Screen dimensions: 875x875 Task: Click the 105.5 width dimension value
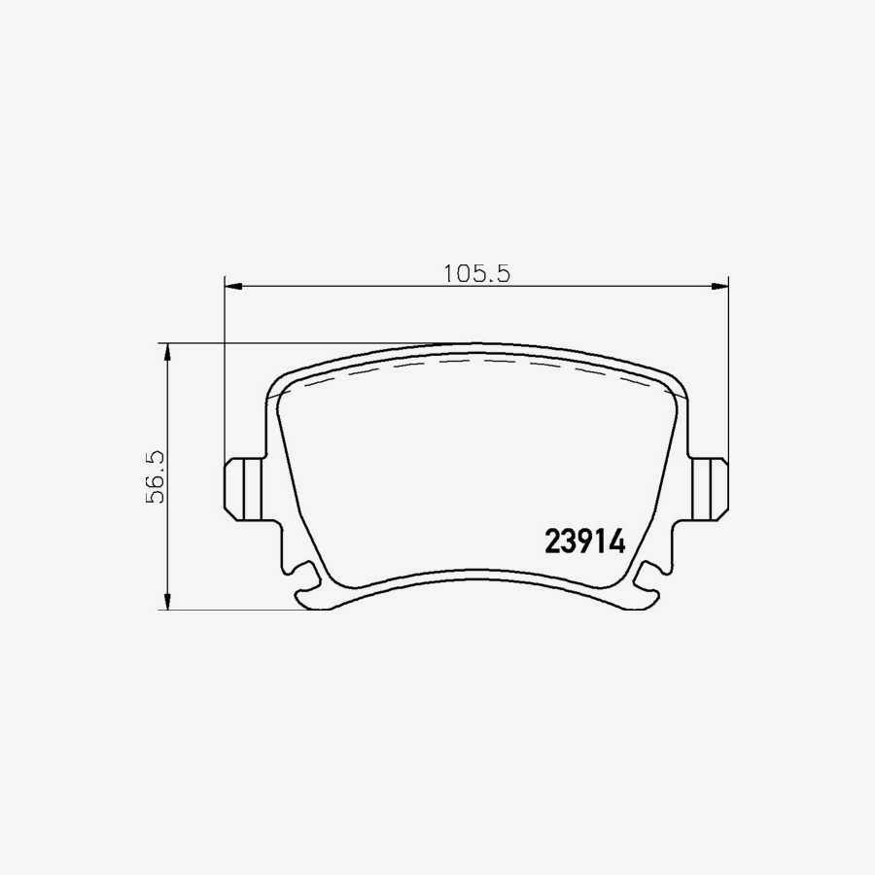[x=476, y=273]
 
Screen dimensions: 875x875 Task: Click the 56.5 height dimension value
[x=155, y=476]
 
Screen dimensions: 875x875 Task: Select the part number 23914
[x=583, y=542]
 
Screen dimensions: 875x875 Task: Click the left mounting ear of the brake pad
[x=241, y=486]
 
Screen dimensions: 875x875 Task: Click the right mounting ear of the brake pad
[x=711, y=486]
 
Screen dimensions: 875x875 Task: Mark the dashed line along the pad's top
[x=476, y=361]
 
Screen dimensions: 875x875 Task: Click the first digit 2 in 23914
[x=552, y=542]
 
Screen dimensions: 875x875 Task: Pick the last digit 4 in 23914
[x=614, y=542]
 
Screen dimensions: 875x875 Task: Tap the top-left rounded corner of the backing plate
[x=275, y=384]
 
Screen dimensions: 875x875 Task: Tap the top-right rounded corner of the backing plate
[x=677, y=384]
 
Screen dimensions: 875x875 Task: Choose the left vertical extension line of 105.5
[x=225, y=369]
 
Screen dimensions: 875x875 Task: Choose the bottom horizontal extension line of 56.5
[x=233, y=610]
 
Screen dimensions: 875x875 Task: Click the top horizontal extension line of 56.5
[x=292, y=343]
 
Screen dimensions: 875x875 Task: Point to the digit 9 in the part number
[x=583, y=542]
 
